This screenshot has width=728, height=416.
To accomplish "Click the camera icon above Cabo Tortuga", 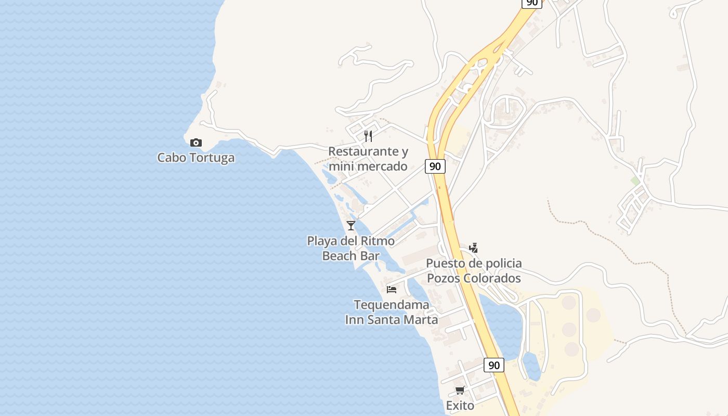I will [x=196, y=142].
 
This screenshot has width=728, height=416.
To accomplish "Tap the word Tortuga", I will [x=213, y=158].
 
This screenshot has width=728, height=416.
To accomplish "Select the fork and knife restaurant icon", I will [x=368, y=136].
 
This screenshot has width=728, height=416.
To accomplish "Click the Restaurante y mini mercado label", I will [x=368, y=159].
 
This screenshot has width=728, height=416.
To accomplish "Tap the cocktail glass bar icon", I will [x=351, y=225].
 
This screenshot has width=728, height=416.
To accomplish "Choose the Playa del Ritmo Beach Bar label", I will [x=351, y=249].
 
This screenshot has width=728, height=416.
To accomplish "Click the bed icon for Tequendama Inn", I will [x=392, y=289].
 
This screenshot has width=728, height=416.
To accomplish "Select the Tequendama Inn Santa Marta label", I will [x=392, y=312].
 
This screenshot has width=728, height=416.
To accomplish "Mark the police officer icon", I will [x=473, y=248].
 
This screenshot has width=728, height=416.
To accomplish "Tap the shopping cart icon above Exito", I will [x=460, y=390].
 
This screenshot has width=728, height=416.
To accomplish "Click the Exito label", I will [x=460, y=406].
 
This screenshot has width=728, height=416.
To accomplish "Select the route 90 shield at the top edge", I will [x=531, y=3].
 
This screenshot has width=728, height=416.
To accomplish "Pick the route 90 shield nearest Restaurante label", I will [x=435, y=166].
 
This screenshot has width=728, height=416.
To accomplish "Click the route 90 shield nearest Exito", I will [x=494, y=365].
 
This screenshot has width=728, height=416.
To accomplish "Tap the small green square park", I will [x=635, y=180].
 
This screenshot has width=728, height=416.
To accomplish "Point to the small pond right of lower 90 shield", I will [x=531, y=366].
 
